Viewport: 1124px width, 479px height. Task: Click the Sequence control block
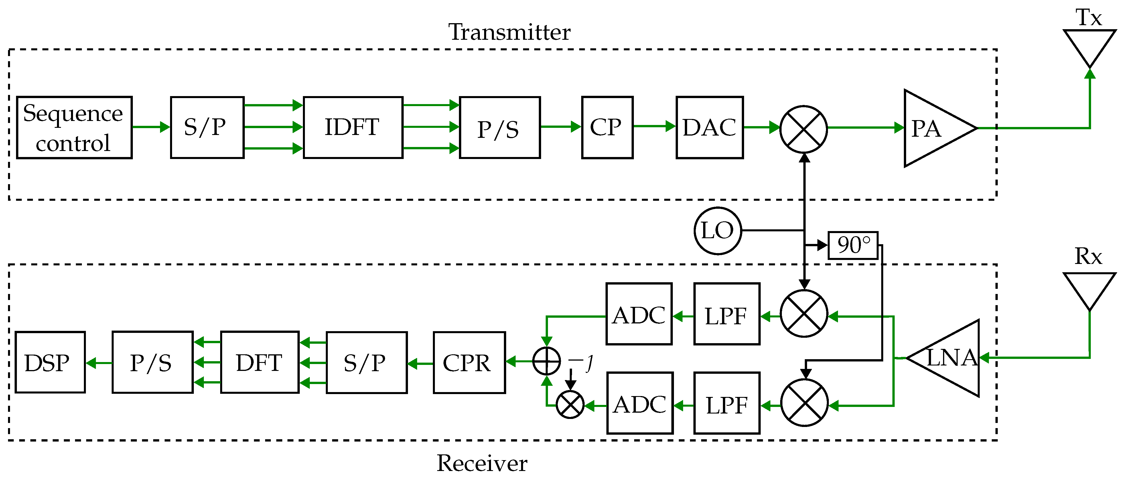coord(74,127)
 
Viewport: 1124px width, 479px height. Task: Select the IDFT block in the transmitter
coord(353,127)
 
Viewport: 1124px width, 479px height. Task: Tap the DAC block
coord(709,127)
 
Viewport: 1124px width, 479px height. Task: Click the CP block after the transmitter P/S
coord(607,127)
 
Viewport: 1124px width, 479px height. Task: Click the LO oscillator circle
coord(718,230)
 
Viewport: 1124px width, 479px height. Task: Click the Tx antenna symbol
coord(1090,48)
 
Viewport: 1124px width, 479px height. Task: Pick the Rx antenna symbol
coord(1090,291)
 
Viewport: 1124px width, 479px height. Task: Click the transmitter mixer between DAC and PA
coord(804,129)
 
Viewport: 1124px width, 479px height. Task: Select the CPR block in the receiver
coord(470,363)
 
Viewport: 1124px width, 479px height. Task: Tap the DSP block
coord(50,362)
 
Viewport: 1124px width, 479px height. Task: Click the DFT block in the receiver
coord(260,362)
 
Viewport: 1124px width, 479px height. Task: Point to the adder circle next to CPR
coord(547,361)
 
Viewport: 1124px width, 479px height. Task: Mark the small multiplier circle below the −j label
coord(570,404)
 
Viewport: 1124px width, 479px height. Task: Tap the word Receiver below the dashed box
coord(482,463)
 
